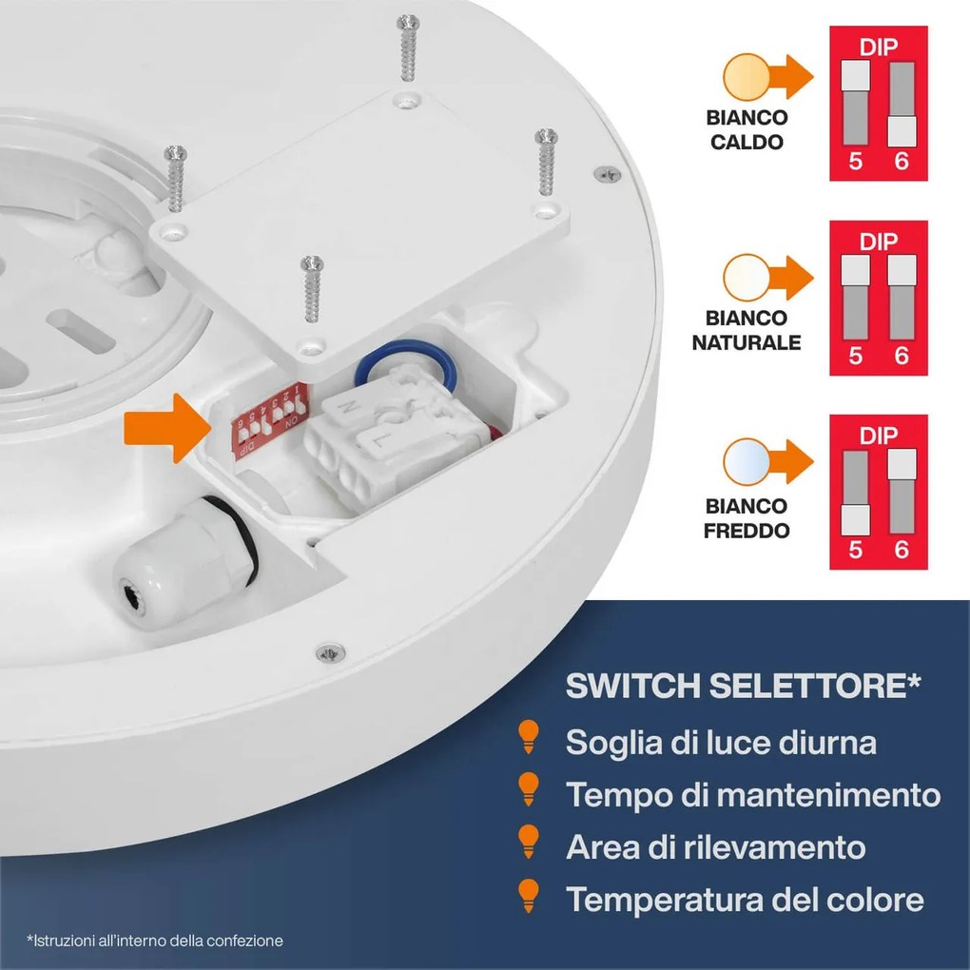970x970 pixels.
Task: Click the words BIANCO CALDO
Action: click(746, 130)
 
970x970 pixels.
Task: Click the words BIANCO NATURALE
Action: click(746, 330)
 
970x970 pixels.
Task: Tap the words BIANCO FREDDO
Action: click(746, 518)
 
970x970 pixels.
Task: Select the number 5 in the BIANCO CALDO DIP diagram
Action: click(855, 161)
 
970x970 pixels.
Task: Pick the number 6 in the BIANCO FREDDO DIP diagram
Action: click(902, 549)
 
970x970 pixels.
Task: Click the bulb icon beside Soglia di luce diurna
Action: click(527, 738)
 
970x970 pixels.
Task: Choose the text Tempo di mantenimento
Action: click(752, 794)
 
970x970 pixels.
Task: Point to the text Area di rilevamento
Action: click(715, 846)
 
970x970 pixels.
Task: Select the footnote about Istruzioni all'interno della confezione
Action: click(155, 941)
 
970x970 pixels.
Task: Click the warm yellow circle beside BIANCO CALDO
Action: click(742, 78)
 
